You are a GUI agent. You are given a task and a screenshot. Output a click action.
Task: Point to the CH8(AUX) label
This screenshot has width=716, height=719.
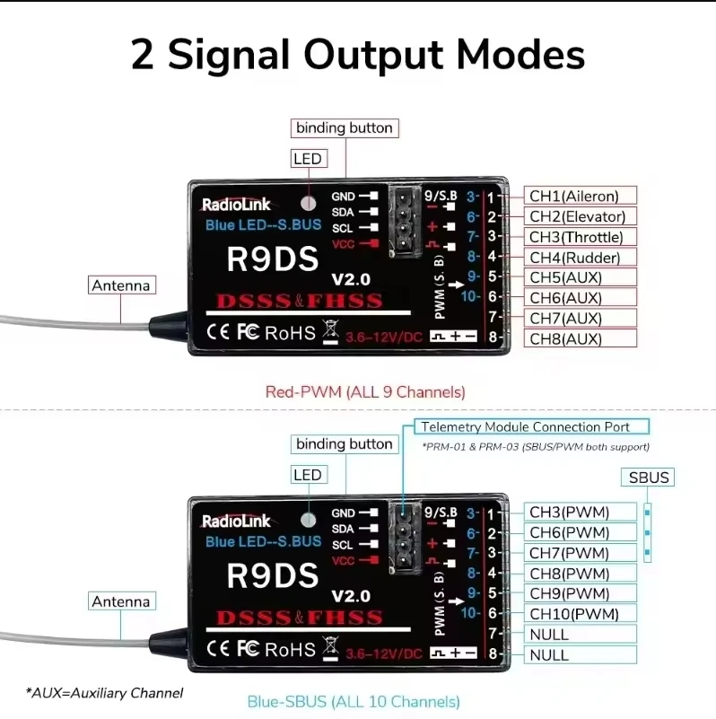(x=565, y=338)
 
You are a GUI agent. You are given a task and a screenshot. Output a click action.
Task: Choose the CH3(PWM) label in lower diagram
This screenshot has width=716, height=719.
(x=569, y=512)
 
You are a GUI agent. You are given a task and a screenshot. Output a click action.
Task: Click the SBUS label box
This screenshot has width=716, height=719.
(x=649, y=478)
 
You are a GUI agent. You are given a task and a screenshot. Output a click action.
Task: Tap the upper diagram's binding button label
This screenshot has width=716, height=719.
(x=345, y=127)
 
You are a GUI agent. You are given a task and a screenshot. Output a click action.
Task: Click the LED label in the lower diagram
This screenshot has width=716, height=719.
(x=307, y=475)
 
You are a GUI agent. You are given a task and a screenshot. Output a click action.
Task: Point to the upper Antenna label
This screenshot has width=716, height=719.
(x=121, y=285)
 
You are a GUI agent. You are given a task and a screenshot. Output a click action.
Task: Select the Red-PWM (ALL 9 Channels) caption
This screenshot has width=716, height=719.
(x=365, y=391)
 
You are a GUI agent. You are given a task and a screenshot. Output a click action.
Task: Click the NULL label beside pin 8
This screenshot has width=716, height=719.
(x=548, y=654)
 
